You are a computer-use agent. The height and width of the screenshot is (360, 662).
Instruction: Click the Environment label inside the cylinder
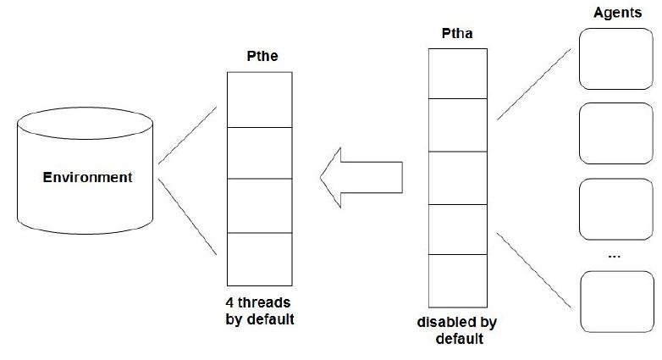click(x=88, y=178)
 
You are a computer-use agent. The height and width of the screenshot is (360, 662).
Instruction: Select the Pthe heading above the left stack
click(x=260, y=58)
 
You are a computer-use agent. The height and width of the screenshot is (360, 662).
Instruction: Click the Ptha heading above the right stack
click(x=457, y=34)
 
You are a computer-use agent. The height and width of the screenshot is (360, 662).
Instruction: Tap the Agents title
click(x=615, y=14)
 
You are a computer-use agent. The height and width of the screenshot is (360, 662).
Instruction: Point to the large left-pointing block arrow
click(x=360, y=176)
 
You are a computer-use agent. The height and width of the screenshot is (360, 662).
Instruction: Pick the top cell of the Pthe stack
click(x=260, y=99)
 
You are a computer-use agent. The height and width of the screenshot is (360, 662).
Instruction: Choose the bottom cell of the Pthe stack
click(x=260, y=258)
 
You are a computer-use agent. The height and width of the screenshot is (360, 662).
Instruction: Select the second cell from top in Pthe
click(x=260, y=152)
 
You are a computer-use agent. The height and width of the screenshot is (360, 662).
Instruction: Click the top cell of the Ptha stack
click(x=457, y=73)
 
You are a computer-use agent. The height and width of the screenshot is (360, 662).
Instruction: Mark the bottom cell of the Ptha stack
click(x=457, y=280)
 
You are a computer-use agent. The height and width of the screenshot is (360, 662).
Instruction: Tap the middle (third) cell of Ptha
click(x=457, y=177)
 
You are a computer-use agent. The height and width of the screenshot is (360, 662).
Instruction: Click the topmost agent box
click(x=615, y=58)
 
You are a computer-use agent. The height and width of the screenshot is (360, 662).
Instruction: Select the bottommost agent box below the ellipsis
click(x=615, y=300)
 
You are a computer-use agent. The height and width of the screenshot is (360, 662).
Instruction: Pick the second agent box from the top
click(x=615, y=135)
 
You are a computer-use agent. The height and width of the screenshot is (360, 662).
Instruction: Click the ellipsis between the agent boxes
click(x=615, y=255)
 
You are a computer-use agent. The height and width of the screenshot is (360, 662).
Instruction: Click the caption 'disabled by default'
click(x=457, y=331)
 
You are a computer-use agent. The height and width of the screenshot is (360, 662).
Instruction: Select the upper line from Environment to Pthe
click(x=187, y=136)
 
